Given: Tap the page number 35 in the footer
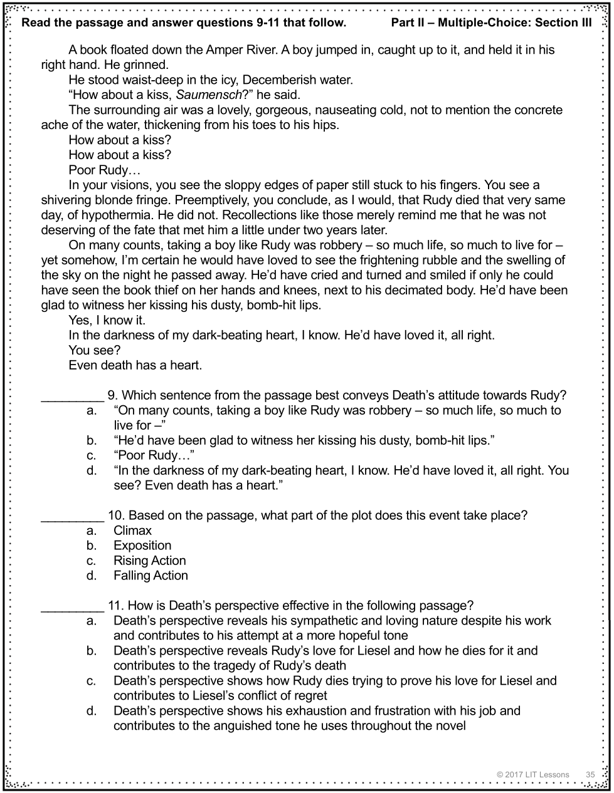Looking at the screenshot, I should [x=590, y=775].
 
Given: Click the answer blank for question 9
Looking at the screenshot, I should [x=72, y=396].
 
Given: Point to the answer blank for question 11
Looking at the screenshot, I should [x=72, y=606].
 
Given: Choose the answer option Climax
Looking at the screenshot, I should [x=132, y=531].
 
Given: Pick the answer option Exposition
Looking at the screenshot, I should [x=142, y=546].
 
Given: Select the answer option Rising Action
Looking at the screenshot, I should [x=150, y=561].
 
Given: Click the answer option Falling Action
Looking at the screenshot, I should [x=151, y=576].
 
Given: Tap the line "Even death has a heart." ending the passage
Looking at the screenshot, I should [x=135, y=365].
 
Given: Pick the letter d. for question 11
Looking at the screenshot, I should [x=92, y=711].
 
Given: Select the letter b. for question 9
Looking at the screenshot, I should [x=92, y=440].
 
